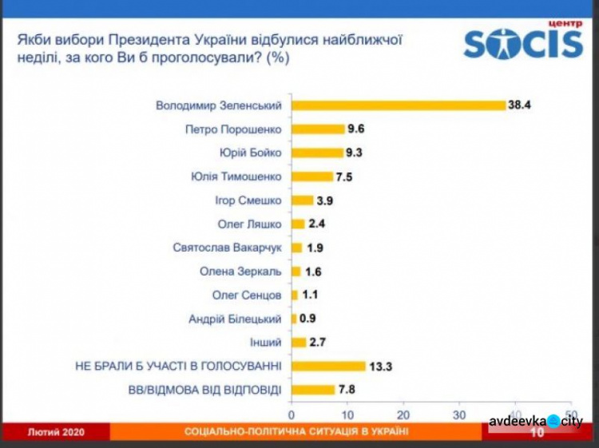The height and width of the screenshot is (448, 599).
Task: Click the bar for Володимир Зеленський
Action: tap(398, 105)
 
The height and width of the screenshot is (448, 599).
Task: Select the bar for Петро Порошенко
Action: tap(317, 129)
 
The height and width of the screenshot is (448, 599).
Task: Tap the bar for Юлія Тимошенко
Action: tap(311, 176)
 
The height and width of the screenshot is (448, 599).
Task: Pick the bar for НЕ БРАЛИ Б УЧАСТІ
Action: tap(327, 366)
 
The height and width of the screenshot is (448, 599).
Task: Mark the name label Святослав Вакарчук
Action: tap(228, 248)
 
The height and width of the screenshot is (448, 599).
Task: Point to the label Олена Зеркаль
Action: tap(240, 272)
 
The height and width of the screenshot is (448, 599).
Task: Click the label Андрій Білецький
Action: tap(235, 319)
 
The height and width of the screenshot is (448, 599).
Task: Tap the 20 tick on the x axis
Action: tap(403, 415)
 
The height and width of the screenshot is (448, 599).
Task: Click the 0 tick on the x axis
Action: tap(292, 415)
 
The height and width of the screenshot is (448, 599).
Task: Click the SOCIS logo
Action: tap(522, 44)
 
